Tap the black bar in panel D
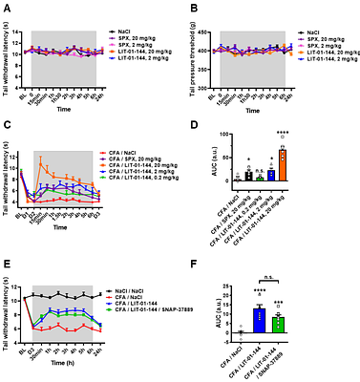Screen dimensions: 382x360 click(248, 176)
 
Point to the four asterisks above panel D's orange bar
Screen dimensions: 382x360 click(283, 133)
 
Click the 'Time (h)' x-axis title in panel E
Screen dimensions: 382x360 click(67, 364)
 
